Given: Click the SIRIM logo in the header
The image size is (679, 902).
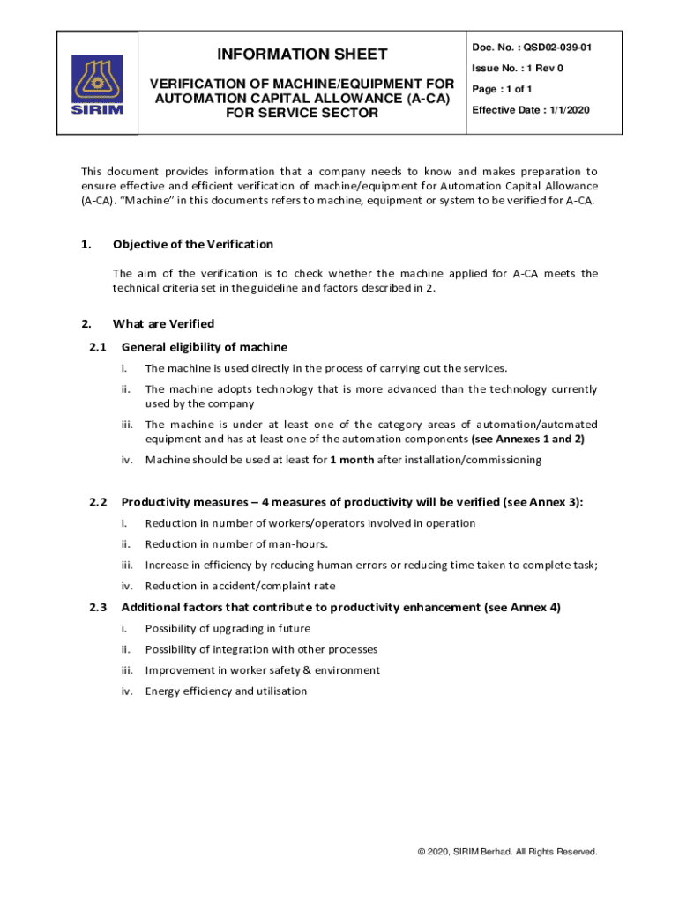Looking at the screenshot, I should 97,85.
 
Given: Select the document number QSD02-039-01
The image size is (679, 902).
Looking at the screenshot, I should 557,47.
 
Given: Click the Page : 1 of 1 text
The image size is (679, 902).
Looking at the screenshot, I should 502,89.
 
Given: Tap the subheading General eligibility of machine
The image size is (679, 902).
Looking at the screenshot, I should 205,347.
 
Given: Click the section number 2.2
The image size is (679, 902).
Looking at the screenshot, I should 98,502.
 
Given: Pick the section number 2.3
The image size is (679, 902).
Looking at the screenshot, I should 98,607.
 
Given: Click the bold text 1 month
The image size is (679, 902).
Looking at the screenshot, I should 352,460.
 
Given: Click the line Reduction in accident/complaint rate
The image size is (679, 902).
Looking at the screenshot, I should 240,586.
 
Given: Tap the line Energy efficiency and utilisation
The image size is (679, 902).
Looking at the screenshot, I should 226,691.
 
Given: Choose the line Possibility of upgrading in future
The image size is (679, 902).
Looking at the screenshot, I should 228,628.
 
